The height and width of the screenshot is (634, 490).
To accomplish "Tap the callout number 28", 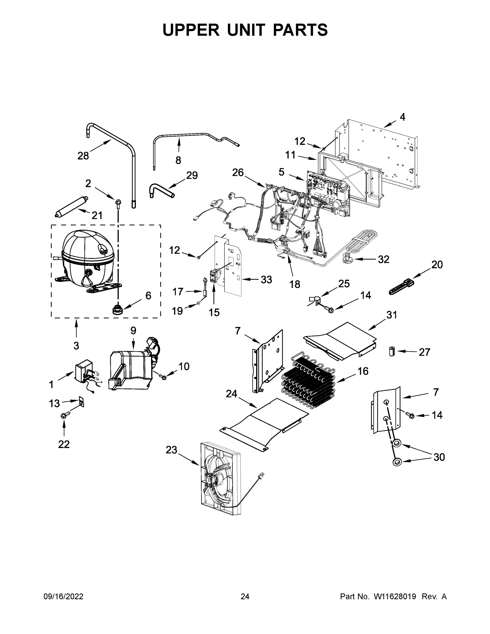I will (x=83, y=156).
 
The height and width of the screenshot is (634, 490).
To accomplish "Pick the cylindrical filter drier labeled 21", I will (x=71, y=207).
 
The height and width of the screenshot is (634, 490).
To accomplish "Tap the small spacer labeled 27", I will (x=392, y=352).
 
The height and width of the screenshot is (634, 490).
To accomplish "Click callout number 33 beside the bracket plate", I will (x=266, y=279).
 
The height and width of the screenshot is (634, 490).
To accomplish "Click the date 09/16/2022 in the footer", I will (x=63, y=597).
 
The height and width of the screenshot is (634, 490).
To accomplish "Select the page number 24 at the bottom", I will (x=245, y=597).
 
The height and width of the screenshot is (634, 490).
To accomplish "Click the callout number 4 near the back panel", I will (x=402, y=117).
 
